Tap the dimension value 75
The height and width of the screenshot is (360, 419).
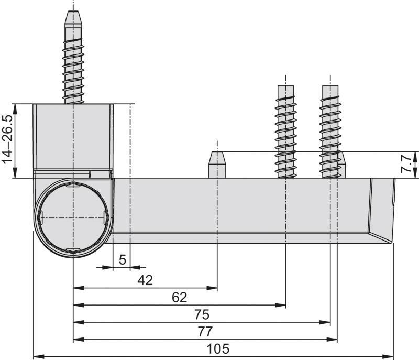click(x=202, y=314)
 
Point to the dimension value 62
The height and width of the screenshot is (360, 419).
click(x=180, y=297)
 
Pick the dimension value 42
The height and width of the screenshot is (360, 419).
click(x=145, y=280)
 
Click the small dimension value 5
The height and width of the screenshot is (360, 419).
click(x=122, y=259)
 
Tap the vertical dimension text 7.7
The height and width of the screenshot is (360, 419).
click(x=406, y=165)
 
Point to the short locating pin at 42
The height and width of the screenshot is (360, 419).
click(x=217, y=165)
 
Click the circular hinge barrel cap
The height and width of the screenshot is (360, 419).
click(x=73, y=217)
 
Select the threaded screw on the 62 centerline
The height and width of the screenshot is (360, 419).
click(x=286, y=131)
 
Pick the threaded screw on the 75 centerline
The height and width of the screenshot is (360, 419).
click(x=330, y=131)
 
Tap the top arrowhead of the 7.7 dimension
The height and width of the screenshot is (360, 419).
click(x=415, y=156)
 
